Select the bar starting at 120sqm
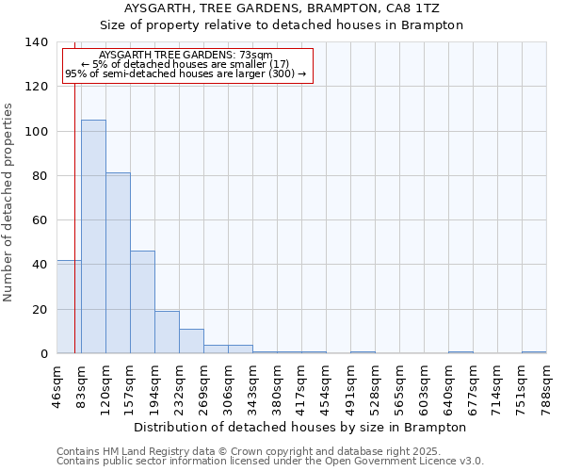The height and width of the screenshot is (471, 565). pos(118,263)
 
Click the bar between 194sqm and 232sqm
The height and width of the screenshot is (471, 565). pos(167,332)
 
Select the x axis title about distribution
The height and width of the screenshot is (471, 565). pos(301,427)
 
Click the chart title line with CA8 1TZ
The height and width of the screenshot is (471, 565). pos(282,8)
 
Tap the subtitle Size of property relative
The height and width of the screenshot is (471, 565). pos(282,25)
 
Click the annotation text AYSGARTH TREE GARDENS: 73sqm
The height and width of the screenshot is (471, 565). pos(186,56)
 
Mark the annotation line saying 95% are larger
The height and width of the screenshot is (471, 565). pos(186,73)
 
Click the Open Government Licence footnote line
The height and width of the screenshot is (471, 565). pos(270,462)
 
